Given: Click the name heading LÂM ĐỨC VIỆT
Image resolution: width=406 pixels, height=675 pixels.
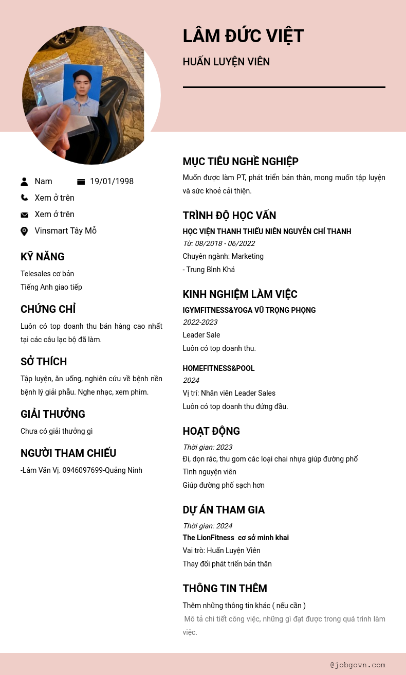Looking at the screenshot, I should click(243, 37).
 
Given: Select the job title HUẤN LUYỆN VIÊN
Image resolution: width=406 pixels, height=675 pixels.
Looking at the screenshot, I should click(226, 62).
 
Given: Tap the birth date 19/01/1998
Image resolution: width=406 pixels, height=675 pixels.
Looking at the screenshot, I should click(112, 182).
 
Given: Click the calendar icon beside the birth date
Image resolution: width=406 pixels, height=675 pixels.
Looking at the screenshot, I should click(81, 182).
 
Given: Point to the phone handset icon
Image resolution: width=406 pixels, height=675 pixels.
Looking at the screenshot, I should click(24, 198).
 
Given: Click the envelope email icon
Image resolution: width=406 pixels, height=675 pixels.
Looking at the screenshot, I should click(24, 215).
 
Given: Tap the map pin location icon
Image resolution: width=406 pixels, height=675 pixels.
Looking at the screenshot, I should click(24, 232).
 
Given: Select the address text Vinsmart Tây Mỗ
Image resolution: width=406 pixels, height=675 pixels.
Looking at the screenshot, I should click(65, 231).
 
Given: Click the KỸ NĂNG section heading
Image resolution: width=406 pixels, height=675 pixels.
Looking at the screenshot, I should click(43, 257).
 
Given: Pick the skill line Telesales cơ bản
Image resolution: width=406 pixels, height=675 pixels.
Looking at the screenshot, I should click(47, 274).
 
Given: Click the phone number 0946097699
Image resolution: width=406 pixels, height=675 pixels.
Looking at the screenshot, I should click(83, 470).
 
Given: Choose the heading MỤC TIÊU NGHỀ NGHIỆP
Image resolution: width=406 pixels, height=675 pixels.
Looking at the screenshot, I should click(241, 162).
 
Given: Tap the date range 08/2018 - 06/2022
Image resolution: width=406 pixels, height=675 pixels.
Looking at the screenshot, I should click(225, 243).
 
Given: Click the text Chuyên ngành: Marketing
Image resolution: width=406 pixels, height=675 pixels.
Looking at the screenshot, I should click(223, 256).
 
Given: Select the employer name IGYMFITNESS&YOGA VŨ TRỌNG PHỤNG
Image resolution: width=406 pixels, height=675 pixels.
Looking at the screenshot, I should click(249, 310).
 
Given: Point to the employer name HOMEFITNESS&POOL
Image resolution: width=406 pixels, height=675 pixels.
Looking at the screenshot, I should click(218, 368).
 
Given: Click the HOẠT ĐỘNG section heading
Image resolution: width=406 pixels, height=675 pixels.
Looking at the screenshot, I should click(211, 431).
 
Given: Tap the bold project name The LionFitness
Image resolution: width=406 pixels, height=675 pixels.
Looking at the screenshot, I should click(208, 538).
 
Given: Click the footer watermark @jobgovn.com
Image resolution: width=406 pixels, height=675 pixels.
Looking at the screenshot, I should click(358, 665).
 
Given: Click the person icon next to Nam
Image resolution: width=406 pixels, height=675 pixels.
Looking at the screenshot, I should click(24, 182).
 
